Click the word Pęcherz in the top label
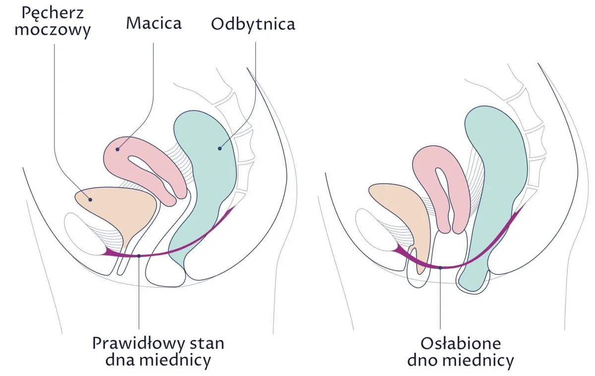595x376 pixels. point(53,13)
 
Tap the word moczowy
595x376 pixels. point(53,30)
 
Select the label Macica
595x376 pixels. point(154,23)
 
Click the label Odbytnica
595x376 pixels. point(253,25)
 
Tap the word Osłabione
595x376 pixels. point(461,344)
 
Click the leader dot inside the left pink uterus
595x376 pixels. point(118,150)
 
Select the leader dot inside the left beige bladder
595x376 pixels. point(90,200)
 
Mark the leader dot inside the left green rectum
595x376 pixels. point(220,149)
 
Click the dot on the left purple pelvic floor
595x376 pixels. point(139,256)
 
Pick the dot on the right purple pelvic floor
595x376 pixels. point(440,268)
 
